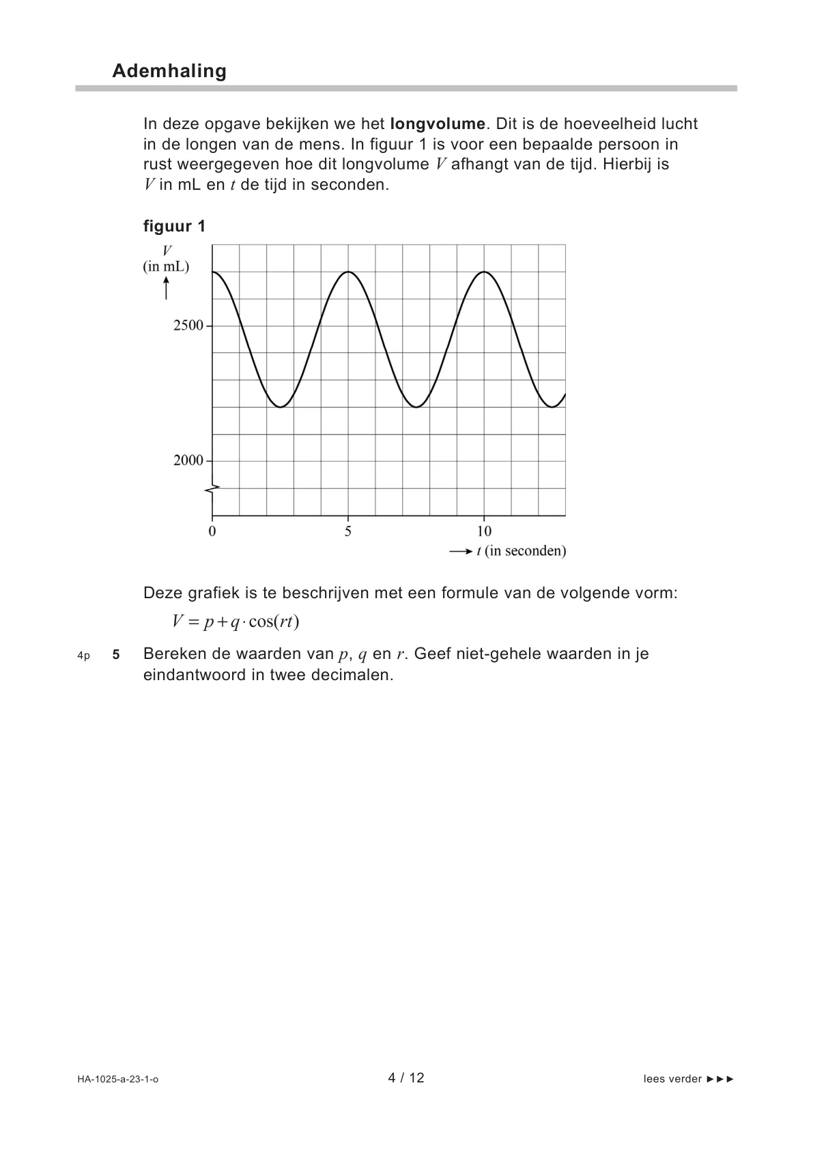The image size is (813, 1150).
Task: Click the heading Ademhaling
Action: tap(169, 71)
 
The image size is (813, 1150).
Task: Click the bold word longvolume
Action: tap(438, 124)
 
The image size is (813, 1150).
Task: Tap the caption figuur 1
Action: tap(174, 226)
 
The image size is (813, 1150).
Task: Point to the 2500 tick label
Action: tap(188, 326)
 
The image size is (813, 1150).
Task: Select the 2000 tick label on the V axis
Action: tap(188, 461)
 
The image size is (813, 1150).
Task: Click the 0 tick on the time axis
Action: tap(212, 531)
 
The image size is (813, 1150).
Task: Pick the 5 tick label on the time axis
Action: tap(348, 531)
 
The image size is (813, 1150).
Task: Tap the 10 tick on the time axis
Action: tap(484, 531)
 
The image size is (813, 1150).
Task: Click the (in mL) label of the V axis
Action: tap(166, 266)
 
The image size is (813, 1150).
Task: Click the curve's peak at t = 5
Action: tap(348, 272)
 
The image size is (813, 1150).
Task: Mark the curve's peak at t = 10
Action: tap(484, 272)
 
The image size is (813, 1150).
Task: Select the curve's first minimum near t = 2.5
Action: tap(281, 407)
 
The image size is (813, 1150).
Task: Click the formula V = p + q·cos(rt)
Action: tap(236, 621)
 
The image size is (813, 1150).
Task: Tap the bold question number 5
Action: tap(116, 655)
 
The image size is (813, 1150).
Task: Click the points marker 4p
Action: tap(84, 656)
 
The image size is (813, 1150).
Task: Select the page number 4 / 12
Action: tap(406, 1078)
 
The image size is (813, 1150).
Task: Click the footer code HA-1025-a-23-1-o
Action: tap(118, 1080)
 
